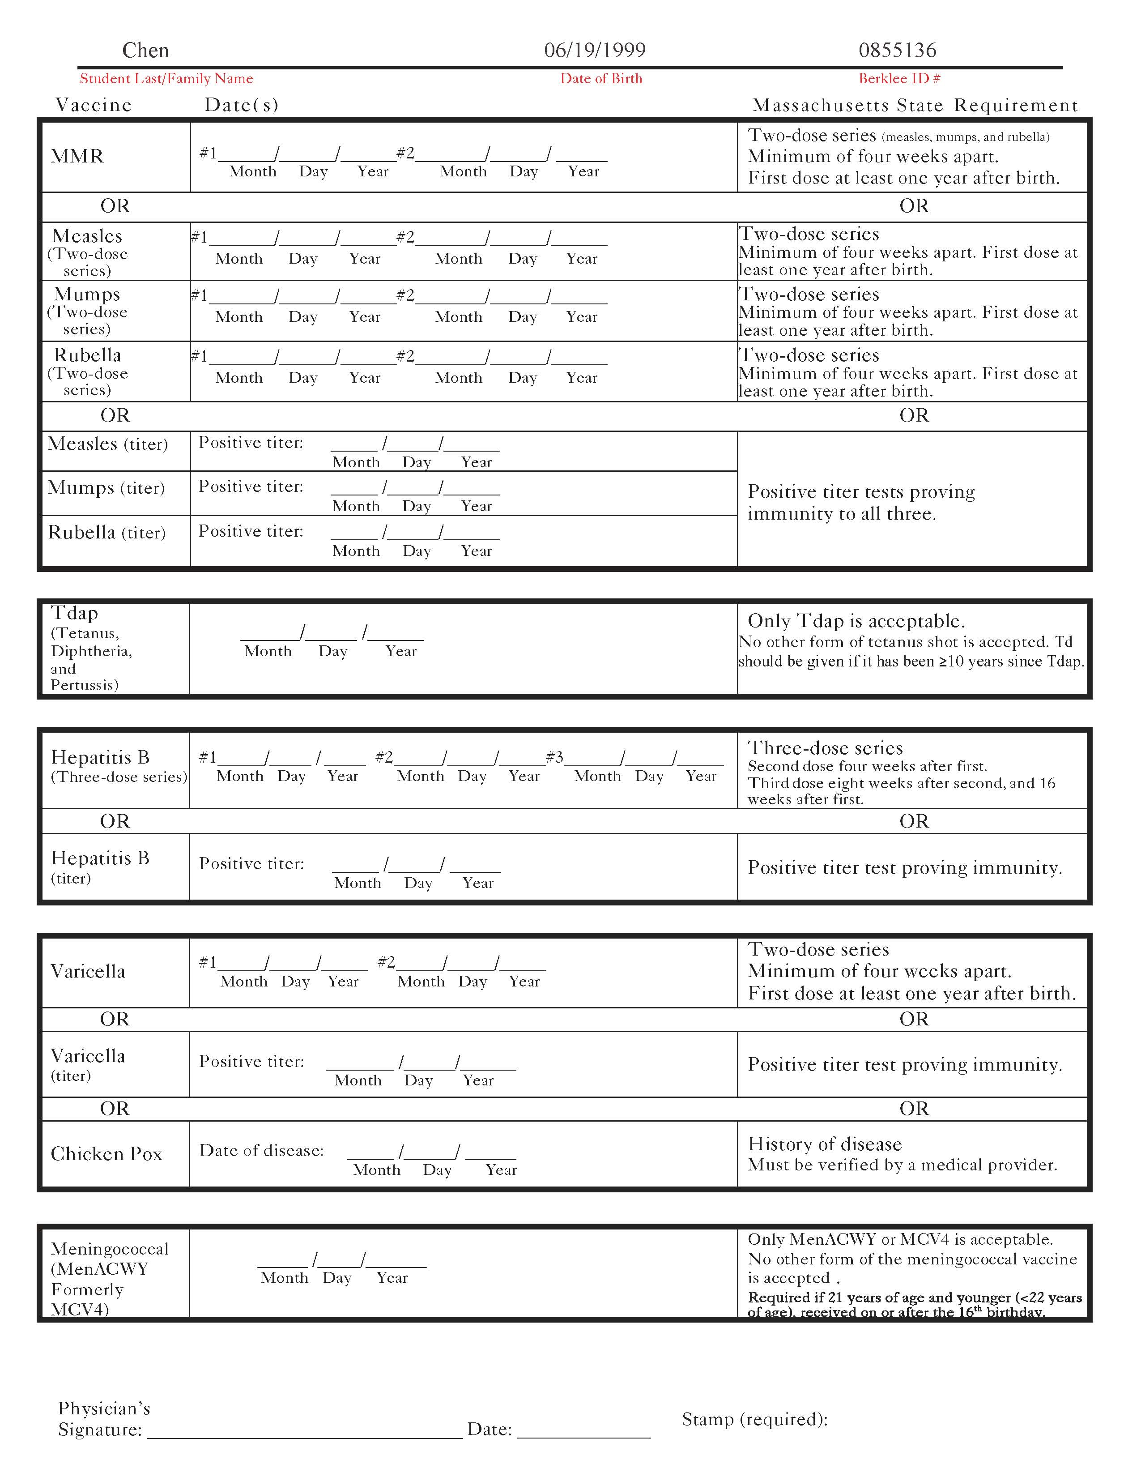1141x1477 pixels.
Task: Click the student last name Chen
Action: coord(145,50)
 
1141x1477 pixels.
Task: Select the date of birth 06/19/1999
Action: coord(594,50)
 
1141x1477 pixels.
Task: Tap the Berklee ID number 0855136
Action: coord(897,50)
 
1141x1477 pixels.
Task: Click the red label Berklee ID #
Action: coord(899,78)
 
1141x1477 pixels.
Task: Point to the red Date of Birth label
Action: coord(601,78)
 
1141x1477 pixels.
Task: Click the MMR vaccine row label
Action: coord(77,156)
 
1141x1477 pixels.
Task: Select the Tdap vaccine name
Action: coord(74,613)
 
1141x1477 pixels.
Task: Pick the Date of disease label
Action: coord(262,1151)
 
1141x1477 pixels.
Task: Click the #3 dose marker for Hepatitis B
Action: coord(554,757)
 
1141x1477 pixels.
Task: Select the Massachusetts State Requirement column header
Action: coord(915,106)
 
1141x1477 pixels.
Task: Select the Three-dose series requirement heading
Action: coord(825,748)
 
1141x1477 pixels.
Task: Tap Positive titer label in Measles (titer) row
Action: coord(251,443)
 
